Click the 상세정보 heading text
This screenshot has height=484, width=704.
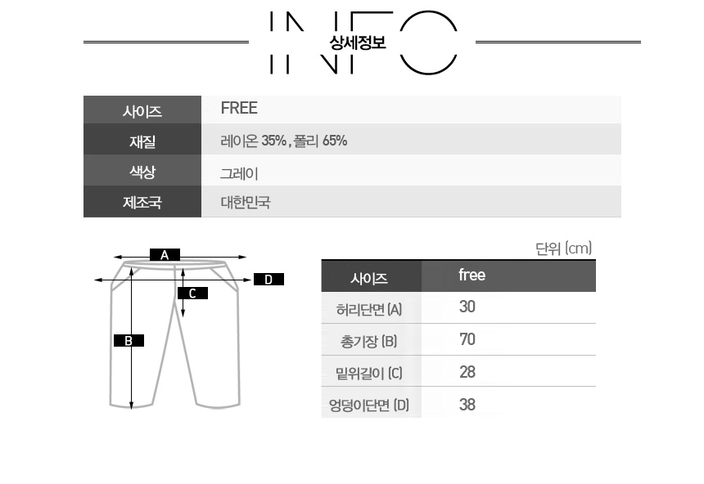tap(358, 43)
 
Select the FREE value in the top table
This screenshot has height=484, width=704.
tap(239, 108)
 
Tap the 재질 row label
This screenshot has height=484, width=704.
tap(142, 141)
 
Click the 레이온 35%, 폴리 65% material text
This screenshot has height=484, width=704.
tap(284, 141)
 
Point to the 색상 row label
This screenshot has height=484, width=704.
tap(142, 172)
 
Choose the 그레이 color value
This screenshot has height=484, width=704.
tap(239, 173)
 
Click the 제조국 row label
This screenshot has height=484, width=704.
tap(142, 202)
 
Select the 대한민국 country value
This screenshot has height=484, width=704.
tap(245, 202)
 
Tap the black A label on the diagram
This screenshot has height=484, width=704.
tap(165, 255)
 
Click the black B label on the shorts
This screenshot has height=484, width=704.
tap(129, 340)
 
